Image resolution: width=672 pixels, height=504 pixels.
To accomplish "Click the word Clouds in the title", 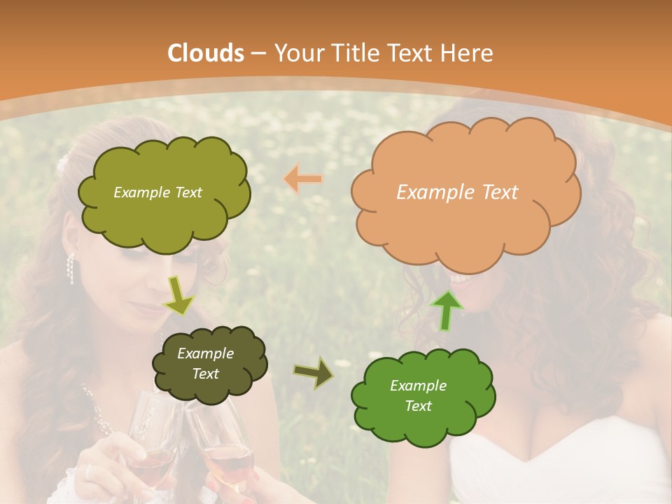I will tap(206, 53).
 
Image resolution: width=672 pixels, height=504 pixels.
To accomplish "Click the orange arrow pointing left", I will tap(303, 179).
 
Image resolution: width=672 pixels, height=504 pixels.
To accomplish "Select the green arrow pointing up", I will tap(446, 311).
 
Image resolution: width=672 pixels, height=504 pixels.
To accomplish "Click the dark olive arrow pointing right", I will tap(314, 373).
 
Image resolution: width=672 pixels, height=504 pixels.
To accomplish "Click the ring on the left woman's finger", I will tap(89, 472).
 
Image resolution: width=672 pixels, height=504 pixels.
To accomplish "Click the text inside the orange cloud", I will tap(457, 192).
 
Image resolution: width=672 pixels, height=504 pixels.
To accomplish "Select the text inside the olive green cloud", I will tap(157, 192).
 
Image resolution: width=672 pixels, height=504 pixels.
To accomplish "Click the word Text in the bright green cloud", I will tap(418, 406).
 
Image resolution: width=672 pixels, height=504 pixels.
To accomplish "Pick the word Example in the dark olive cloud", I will tap(205, 353).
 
